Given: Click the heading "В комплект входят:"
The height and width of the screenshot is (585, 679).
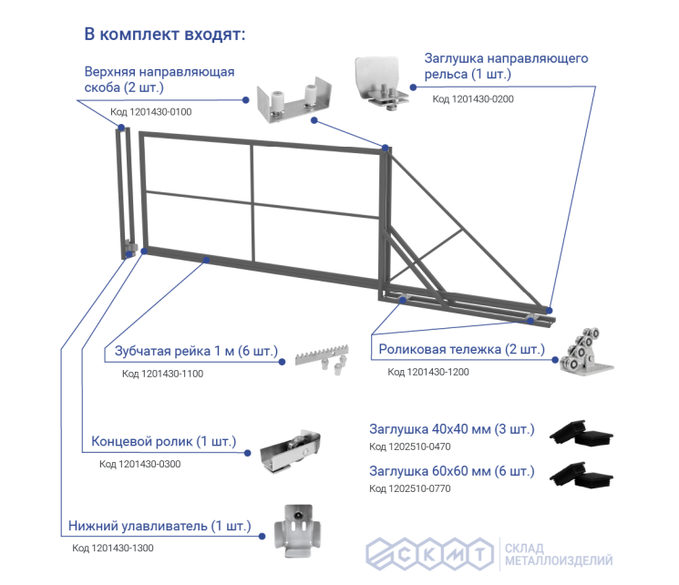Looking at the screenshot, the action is click(165, 35).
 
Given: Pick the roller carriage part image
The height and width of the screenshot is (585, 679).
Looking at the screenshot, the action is click(586, 352).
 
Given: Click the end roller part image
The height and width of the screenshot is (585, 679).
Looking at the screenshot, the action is click(290, 451).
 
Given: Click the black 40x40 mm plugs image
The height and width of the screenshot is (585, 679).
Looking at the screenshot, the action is click(581, 432).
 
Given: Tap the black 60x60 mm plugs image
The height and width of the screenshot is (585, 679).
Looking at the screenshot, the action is click(581, 475).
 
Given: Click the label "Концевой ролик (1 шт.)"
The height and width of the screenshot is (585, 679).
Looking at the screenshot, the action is click(164, 441).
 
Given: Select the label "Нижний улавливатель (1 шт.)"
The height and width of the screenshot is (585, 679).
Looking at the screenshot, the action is click(159, 526).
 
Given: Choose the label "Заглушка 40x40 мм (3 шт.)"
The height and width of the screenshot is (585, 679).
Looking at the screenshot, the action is click(452, 429).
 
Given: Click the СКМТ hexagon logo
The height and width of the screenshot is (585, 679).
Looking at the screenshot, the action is click(429, 554).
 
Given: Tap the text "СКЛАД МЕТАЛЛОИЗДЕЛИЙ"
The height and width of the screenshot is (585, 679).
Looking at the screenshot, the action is click(559, 555).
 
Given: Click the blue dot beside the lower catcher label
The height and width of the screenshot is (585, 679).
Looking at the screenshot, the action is click(262, 536).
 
